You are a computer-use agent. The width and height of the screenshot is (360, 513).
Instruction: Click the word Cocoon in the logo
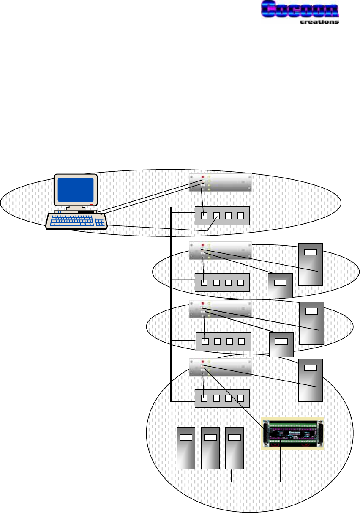[300, 10]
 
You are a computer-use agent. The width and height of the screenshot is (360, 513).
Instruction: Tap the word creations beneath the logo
[319, 22]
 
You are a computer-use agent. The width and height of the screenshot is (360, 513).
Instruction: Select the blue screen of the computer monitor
[76, 189]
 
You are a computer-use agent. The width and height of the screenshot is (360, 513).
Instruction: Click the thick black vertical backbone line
[170, 305]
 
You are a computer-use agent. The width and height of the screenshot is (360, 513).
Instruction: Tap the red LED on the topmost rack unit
[203, 177]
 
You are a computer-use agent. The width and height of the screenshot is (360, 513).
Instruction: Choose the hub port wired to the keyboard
[216, 216]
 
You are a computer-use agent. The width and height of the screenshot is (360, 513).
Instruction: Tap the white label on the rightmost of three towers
[235, 437]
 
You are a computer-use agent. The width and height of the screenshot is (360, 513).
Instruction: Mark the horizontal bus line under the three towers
[224, 482]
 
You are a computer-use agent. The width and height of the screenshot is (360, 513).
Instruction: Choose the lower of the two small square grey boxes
[281, 344]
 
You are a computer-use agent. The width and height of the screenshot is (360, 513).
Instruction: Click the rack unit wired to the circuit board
[220, 367]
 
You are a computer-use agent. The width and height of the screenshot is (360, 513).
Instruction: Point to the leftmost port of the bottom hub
[205, 398]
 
